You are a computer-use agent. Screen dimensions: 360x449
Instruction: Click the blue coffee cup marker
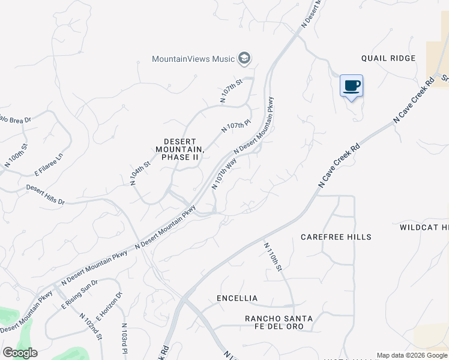351,85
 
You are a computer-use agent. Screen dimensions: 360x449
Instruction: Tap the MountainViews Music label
193,59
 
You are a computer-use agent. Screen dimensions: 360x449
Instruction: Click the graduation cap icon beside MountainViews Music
244,58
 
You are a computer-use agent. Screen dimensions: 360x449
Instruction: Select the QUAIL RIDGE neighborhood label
388,58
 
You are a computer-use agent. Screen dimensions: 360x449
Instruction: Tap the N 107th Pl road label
235,127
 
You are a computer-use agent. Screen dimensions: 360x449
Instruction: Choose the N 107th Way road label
223,174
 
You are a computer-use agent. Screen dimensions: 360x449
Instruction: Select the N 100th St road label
16,155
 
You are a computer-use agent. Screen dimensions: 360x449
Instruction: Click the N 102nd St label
90,329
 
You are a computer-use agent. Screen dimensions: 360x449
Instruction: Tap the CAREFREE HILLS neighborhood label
336,237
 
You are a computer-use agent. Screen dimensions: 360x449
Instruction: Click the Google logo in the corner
20,353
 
